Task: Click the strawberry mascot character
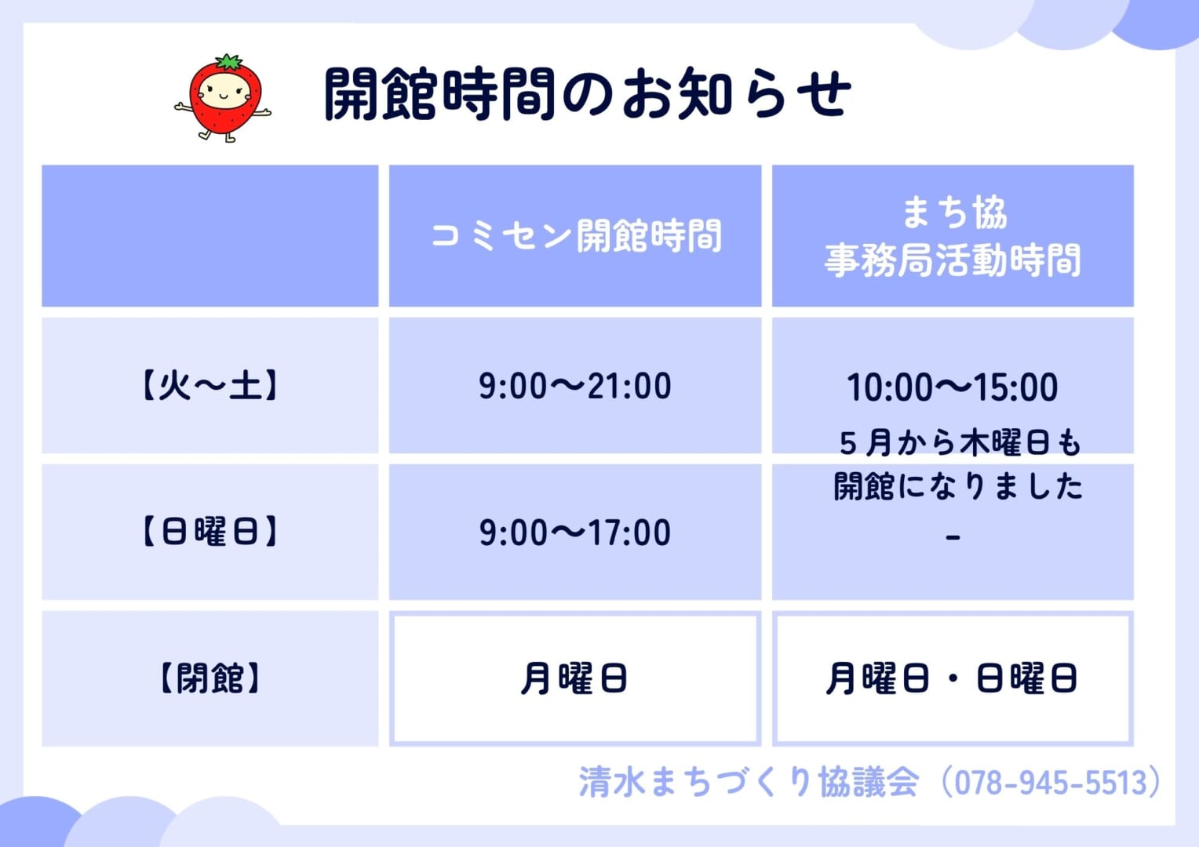coord(223,99)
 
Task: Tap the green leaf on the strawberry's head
coord(230,61)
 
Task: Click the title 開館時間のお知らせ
coord(588,93)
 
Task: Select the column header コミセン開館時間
coord(577,235)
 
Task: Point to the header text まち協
coord(954,213)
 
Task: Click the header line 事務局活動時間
coord(953,260)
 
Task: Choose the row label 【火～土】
coord(210,385)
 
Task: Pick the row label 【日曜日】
coord(210,532)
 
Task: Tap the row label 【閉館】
coord(210,678)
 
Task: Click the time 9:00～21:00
coord(575,386)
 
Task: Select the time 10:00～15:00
coord(953,387)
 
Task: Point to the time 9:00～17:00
coord(575,533)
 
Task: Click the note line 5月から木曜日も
coord(960,443)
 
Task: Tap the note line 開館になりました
coord(958,486)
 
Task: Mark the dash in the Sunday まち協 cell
coord(953,537)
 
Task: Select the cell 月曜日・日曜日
coord(952,678)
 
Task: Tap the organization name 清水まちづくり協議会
coord(749,782)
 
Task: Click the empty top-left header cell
coord(210,235)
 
